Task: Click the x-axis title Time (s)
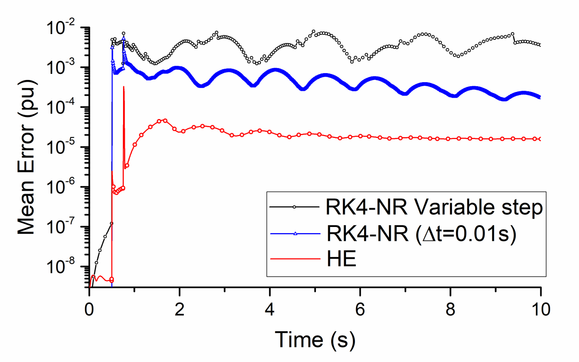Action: point(315,340)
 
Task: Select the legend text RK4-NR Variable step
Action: point(434,207)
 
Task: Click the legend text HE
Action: point(341,259)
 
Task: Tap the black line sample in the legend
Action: point(294,207)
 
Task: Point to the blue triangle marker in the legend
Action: point(295,234)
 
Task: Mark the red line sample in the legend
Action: point(295,259)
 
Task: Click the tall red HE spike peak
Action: point(124,87)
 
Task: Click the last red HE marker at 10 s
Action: point(540,139)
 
